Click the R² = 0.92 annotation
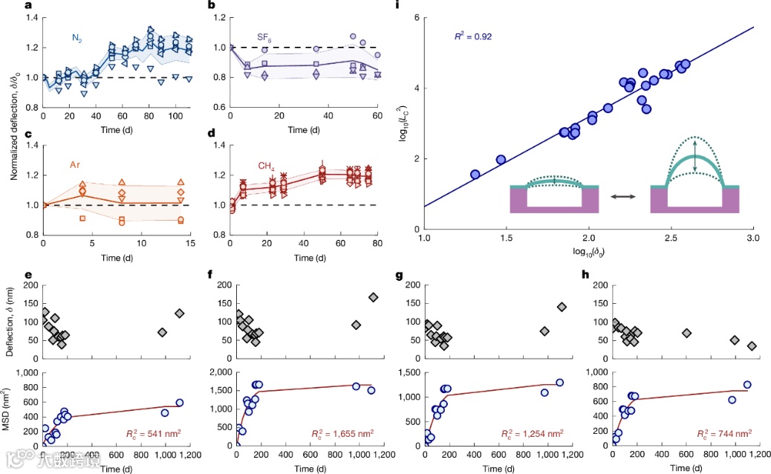[x=473, y=35]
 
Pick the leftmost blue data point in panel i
[x=475, y=175]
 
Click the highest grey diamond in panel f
[x=373, y=297]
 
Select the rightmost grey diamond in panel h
[x=752, y=345]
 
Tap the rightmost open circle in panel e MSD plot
[x=179, y=403]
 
